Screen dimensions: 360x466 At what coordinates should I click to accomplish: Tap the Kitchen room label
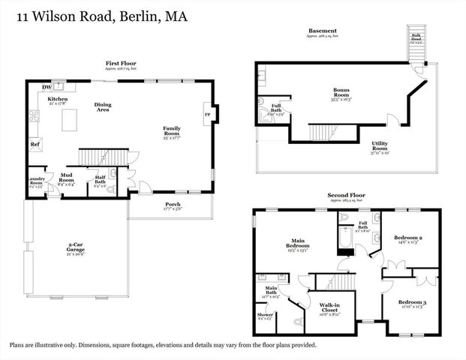pyautogui.click(x=59, y=99)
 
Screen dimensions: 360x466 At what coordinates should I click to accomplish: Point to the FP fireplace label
pyautogui.click(x=207, y=114)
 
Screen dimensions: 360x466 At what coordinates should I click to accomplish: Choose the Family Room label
pyautogui.click(x=173, y=128)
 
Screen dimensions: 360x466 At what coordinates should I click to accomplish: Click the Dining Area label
pyautogui.click(x=104, y=107)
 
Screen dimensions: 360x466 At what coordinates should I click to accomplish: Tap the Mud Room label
pyautogui.click(x=66, y=176)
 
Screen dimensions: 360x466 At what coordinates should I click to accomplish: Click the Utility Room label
pyautogui.click(x=385, y=143)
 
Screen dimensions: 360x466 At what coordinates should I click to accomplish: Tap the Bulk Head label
pyautogui.click(x=415, y=37)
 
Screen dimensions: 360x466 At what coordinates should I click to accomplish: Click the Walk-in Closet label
pyautogui.click(x=331, y=307)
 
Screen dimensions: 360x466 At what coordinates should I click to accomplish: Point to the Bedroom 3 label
pyautogui.click(x=413, y=303)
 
